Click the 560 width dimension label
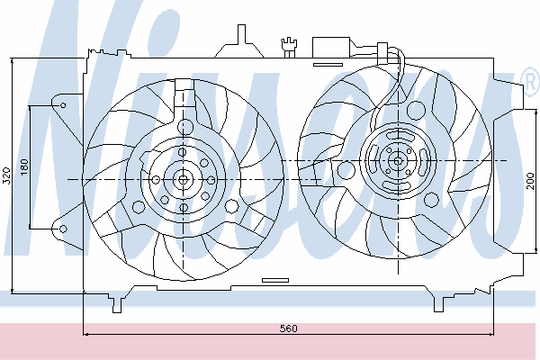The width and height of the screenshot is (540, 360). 288,328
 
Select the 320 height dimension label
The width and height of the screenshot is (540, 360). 7,175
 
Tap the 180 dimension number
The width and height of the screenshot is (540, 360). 24,166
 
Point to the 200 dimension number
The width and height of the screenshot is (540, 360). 530,181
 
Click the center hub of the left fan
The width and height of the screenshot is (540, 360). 183,179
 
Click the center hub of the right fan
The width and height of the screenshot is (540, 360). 398,161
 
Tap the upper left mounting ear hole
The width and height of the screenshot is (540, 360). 63,105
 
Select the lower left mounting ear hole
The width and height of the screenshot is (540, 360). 63,229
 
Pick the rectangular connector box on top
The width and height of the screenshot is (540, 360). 331,47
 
